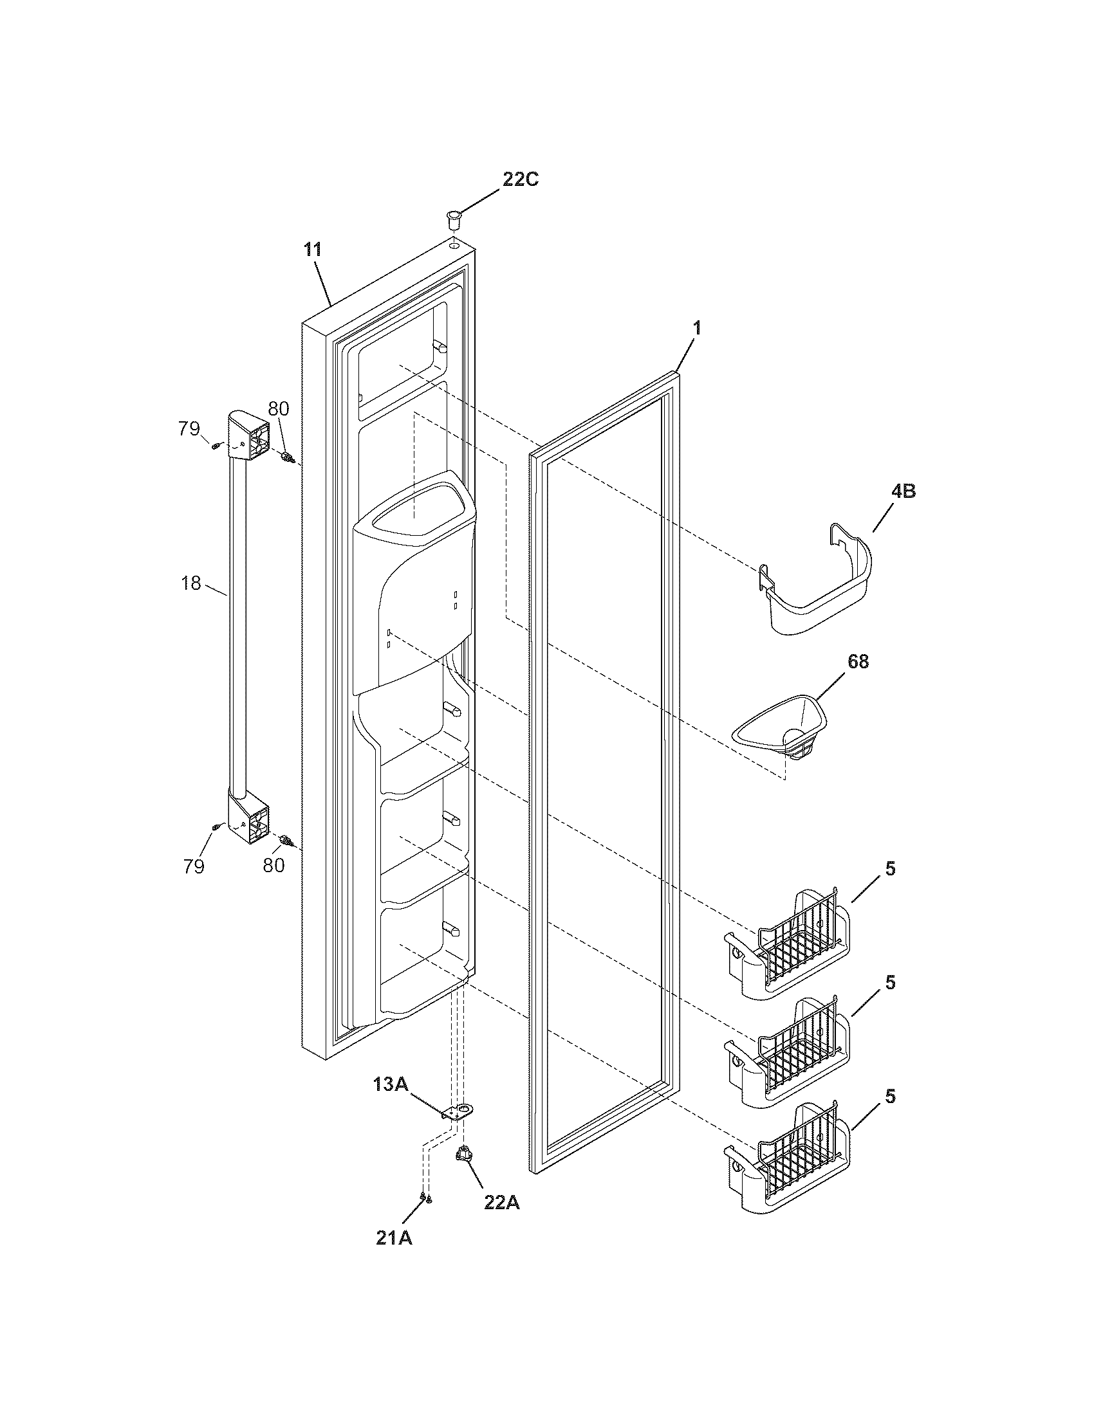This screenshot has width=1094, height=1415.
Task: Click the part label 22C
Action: (x=520, y=180)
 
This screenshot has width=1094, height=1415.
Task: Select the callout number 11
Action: (x=313, y=250)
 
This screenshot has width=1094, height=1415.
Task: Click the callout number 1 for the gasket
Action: (x=696, y=328)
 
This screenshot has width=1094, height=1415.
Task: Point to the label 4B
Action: (x=903, y=492)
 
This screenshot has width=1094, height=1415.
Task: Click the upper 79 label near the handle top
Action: (x=190, y=429)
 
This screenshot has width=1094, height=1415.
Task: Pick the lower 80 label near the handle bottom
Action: (x=273, y=866)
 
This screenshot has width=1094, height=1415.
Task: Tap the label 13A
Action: (x=390, y=1084)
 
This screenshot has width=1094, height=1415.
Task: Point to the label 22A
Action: (x=500, y=1203)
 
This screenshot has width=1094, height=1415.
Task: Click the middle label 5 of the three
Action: (x=891, y=982)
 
